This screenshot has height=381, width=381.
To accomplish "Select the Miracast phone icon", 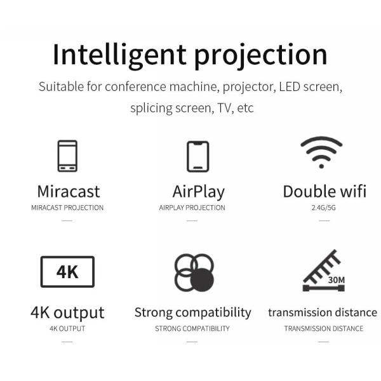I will coord(67,156).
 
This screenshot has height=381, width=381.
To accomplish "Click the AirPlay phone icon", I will coord(197,156).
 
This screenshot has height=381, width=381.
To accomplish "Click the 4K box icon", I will coord(67,272).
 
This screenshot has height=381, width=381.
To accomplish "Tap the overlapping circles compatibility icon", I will coord(194,272).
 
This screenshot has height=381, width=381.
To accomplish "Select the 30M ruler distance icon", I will coord(324,272).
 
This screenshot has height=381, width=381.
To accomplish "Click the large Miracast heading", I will coord(68,191).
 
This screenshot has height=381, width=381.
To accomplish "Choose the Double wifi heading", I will coord(324,191).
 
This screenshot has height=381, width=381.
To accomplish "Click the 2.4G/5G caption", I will coord(324,208).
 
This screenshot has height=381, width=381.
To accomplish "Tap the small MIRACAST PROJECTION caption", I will coord(67,208).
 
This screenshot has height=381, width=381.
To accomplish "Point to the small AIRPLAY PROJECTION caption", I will coord(192,208).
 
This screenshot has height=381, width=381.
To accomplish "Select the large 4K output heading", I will coord(67,312).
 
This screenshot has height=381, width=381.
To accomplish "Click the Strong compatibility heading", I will coord(192,312).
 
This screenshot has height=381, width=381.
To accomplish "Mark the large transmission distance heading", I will coord(323,312).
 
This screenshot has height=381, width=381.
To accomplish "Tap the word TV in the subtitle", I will coord(222,108).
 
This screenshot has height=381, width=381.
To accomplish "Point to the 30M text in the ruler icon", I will coord(337,279).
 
